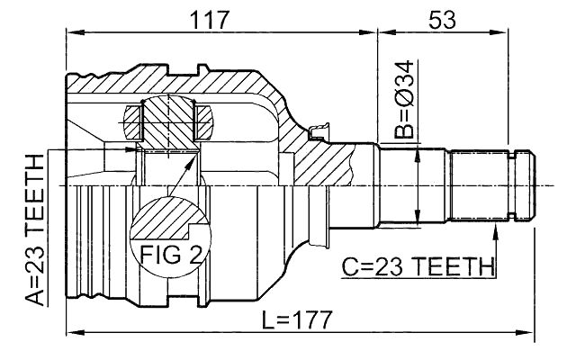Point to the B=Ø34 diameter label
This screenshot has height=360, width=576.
click(405, 100)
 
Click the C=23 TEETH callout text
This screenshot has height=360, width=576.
click(419, 267)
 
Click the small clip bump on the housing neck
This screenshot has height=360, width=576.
click(316, 136)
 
